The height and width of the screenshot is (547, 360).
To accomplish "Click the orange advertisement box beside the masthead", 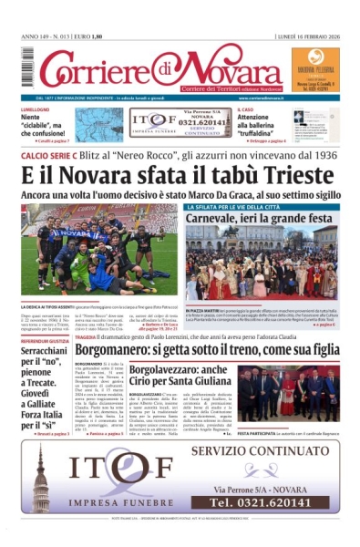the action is [315, 69].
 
